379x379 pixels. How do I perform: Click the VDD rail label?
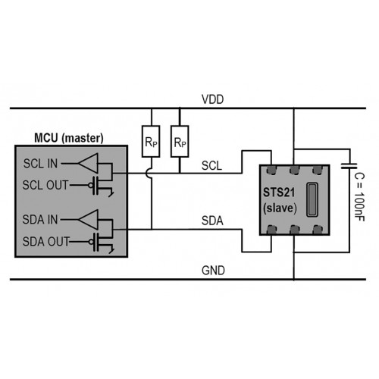point(212,99)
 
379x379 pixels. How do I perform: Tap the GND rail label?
point(213,271)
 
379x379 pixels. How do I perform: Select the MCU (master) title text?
point(69,138)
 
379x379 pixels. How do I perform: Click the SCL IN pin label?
point(40,164)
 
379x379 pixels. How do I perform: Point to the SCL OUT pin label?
point(45,185)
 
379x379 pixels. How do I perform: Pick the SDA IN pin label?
point(40,219)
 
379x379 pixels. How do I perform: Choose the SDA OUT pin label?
point(45,241)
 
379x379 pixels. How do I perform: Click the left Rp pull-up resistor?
point(151,142)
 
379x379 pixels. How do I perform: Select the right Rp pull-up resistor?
point(180,142)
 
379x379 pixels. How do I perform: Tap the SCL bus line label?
point(211,165)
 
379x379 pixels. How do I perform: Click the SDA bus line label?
point(212,221)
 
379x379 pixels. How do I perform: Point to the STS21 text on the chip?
point(279,193)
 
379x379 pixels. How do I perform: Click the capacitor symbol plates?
point(349,166)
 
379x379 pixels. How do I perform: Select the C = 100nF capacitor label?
point(359,197)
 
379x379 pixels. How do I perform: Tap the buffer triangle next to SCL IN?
point(88,163)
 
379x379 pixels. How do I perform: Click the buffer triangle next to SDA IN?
point(88,220)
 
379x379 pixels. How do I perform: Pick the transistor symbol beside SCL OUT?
point(101,186)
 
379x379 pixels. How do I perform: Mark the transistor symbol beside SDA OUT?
point(101,242)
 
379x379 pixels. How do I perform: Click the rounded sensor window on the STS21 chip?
point(312,199)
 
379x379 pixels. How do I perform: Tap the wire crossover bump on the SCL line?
point(149,174)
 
